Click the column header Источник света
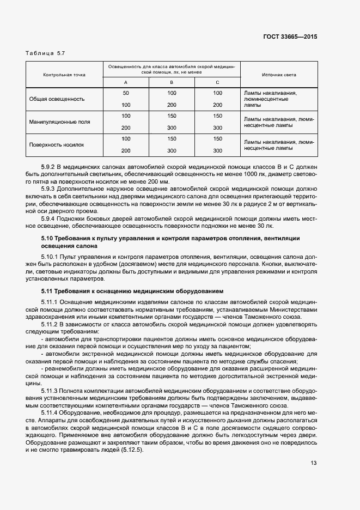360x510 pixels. coord(279,75)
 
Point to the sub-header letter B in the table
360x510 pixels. coord(172,82)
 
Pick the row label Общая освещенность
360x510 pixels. coord(57,99)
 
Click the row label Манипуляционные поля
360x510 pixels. coord(60,122)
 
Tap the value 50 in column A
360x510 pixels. coord(126,93)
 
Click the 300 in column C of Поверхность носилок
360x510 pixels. coord(217,150)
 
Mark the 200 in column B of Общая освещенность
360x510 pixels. coord(172,105)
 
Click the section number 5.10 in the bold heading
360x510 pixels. coord(47,239)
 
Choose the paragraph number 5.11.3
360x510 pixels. coord(51,390)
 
